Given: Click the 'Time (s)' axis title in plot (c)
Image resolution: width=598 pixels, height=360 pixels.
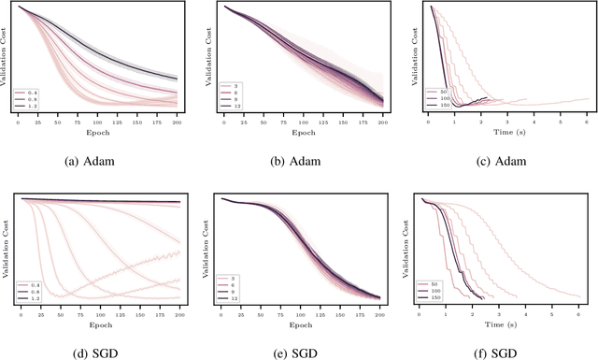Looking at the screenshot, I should [505, 132].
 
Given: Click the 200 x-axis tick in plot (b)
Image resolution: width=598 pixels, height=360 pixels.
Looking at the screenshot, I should [382, 122].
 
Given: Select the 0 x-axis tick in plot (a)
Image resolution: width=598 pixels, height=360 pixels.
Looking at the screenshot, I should [20, 122].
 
